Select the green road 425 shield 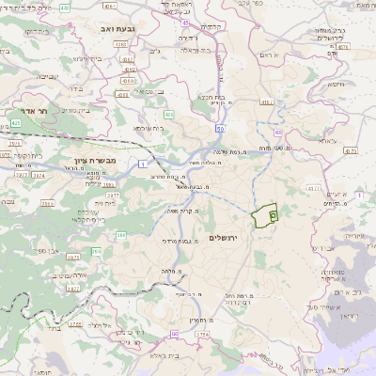(15, 122)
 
